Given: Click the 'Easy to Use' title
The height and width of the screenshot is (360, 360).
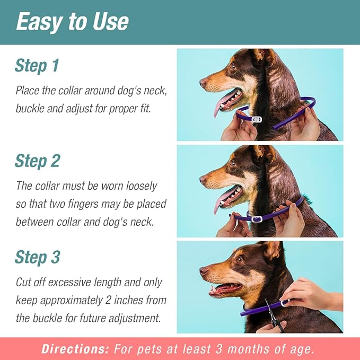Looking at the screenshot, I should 72,21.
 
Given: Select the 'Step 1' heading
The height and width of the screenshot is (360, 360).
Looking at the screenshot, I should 37,66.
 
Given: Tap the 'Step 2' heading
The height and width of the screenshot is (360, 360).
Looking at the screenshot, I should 37,161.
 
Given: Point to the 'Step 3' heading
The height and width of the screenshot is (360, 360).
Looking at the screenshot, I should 37,257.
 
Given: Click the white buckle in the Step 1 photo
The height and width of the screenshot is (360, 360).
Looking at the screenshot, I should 257,120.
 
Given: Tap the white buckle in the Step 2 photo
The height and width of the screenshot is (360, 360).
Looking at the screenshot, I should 257,218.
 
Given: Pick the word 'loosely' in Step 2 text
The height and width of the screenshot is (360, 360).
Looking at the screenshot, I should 139,186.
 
